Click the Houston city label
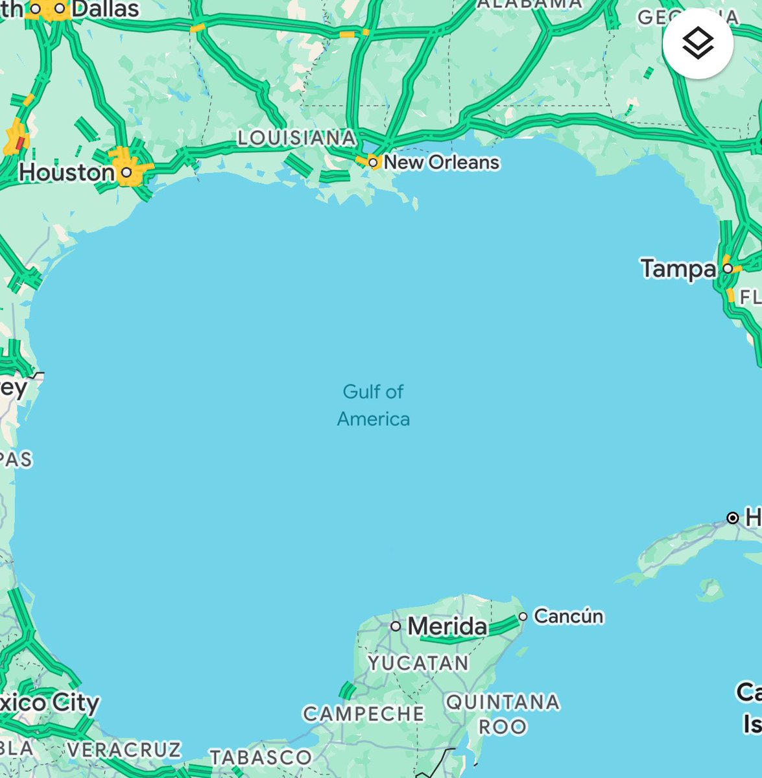67,172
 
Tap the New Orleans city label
442,162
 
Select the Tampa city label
678,268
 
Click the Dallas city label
106,9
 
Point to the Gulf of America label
374,405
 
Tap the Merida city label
447,626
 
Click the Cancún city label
568,616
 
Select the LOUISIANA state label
296,137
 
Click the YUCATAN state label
418,663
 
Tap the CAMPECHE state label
363,714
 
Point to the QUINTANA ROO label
503,714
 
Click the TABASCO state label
260,757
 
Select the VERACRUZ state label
124,749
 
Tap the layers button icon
698,44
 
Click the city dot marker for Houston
127,172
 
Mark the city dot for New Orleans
373,162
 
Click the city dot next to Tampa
728,268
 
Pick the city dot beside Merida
396,626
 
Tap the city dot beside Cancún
523,617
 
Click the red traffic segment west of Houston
20,142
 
